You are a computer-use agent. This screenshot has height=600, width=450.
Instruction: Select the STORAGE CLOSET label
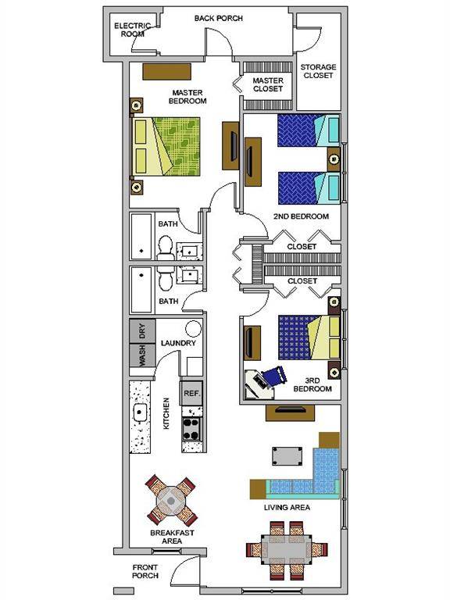click(317, 71)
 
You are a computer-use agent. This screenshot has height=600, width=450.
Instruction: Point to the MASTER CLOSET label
click(268, 84)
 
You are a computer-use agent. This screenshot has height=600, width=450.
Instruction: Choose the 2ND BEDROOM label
click(301, 216)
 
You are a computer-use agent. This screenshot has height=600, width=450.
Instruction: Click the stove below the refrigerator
click(192, 427)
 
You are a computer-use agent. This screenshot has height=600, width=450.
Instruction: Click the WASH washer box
click(142, 356)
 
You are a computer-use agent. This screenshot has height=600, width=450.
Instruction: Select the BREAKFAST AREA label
click(172, 537)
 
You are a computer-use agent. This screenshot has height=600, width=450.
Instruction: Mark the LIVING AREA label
click(288, 508)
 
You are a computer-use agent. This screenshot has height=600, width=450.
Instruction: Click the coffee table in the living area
click(287, 455)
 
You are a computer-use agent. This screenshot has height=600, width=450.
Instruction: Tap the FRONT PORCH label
click(145, 571)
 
